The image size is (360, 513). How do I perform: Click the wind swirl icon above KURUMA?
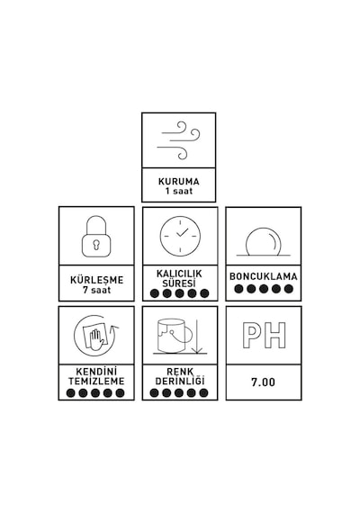(x=179, y=140)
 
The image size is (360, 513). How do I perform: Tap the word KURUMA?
(x=179, y=181)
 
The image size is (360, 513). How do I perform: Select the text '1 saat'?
(x=179, y=191)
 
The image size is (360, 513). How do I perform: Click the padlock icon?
(x=96, y=236)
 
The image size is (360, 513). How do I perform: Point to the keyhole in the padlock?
(x=96, y=245)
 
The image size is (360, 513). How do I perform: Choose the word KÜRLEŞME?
(x=96, y=280)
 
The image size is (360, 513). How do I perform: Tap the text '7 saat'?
(x=96, y=290)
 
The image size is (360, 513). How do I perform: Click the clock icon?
(x=180, y=236)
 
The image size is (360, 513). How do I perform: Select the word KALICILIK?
(x=179, y=274)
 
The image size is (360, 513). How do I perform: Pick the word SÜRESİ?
(x=179, y=283)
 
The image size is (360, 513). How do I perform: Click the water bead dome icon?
(x=264, y=242)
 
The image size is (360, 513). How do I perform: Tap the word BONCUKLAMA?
(x=264, y=276)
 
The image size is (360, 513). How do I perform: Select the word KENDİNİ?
(x=96, y=372)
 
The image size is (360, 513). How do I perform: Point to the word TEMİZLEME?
(x=96, y=382)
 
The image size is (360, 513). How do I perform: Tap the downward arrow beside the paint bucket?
(x=197, y=337)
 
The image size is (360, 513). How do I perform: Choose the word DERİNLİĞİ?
(x=180, y=381)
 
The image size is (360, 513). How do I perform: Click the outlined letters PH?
(x=265, y=335)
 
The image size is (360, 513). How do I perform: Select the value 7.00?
(x=263, y=382)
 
